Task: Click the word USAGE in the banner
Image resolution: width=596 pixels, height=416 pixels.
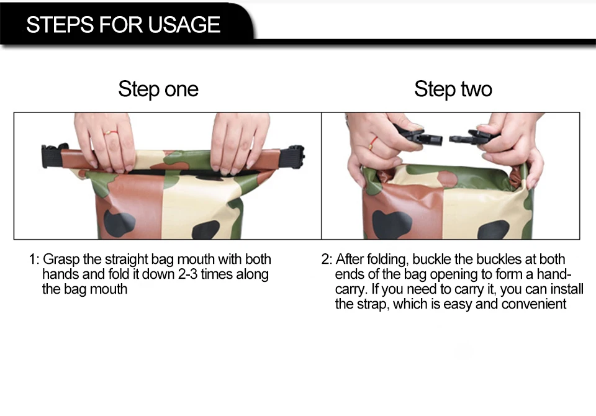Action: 184,25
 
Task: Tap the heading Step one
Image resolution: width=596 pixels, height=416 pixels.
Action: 158,89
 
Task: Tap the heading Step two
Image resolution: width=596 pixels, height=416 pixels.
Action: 453,89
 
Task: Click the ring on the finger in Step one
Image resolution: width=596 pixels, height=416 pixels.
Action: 111,133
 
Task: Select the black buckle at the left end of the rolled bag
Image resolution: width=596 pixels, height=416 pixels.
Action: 53,155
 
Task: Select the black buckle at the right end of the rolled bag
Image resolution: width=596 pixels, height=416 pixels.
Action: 296,155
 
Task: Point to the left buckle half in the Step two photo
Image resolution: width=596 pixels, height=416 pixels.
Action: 420,136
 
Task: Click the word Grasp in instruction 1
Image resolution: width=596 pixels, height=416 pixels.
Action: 61,260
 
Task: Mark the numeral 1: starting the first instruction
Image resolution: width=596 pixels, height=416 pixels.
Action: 34,260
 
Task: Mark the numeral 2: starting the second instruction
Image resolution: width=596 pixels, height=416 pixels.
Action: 327,260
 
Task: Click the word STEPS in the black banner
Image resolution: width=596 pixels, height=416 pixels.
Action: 60,25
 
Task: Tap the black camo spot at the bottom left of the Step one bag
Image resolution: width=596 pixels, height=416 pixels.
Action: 119,223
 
